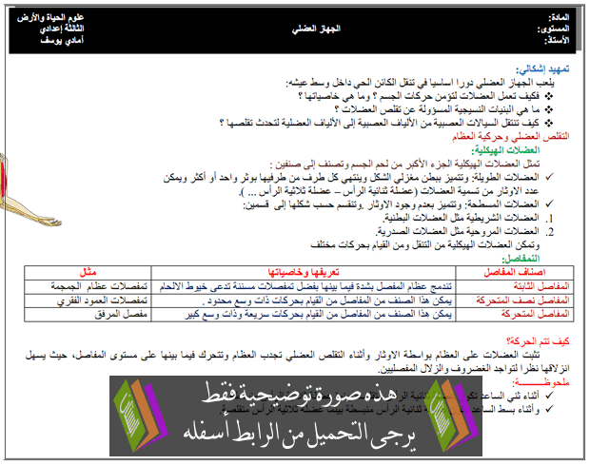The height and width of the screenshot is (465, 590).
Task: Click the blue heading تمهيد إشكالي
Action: [543, 69]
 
